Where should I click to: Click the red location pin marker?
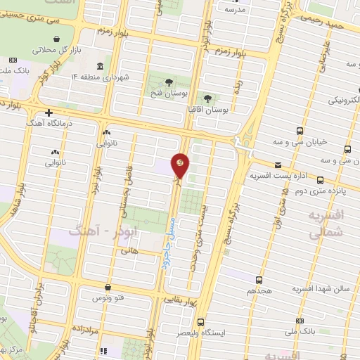click(x=181, y=165)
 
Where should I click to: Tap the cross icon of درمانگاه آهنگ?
click(x=48, y=112)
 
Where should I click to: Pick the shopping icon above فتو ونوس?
click(x=108, y=287)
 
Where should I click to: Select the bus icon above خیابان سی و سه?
click(x=300, y=131)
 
